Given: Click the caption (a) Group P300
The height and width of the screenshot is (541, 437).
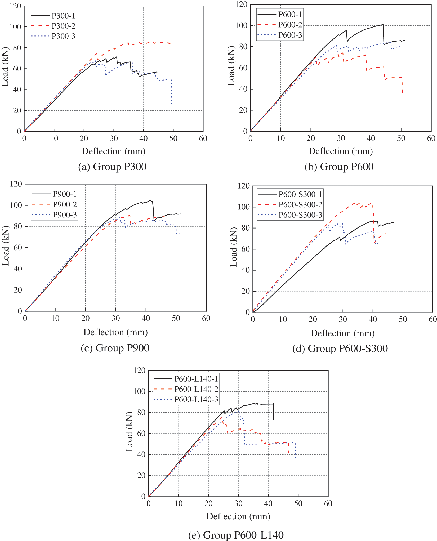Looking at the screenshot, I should click(112, 167).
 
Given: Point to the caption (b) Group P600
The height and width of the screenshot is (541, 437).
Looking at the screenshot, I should click(339, 167).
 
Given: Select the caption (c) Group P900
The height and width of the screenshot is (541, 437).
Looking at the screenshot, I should click(115, 348).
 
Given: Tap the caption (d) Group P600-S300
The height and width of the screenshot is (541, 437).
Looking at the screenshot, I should click(340, 348).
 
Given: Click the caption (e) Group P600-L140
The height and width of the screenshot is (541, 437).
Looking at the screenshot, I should click(236, 535).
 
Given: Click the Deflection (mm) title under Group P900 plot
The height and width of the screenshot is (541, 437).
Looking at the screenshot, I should click(115, 332).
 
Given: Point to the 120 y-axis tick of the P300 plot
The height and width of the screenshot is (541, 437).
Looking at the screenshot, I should click(15, 6).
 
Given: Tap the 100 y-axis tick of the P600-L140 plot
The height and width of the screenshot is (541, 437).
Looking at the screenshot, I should click(139, 391).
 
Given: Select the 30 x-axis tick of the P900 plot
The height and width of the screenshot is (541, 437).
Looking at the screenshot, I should click(115, 318).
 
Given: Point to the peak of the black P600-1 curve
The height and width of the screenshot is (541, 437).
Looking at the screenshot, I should click(383, 25).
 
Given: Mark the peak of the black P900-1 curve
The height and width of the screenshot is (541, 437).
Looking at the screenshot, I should click(150, 200).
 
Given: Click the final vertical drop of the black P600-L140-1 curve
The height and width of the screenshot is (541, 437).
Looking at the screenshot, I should click(273, 412).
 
